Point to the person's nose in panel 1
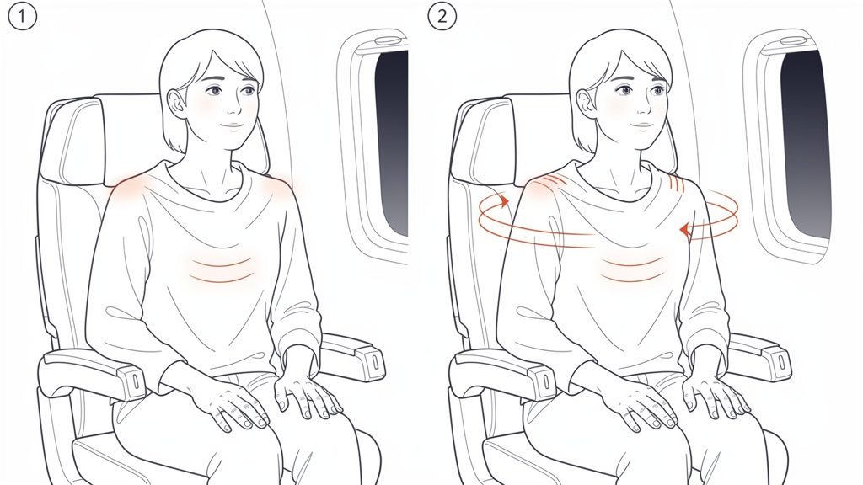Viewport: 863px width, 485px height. coord(228,107)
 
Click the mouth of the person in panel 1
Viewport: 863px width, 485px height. coord(228,125)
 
